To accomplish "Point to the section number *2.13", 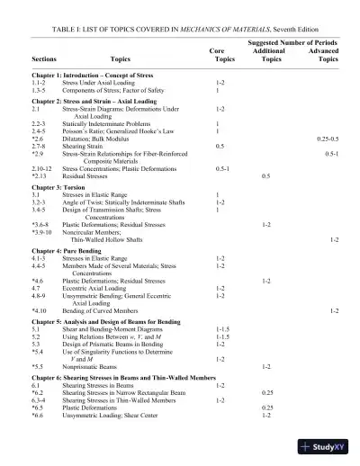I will (40, 175).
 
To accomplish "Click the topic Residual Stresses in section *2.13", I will (86, 175).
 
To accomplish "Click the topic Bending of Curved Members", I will (103, 310).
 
